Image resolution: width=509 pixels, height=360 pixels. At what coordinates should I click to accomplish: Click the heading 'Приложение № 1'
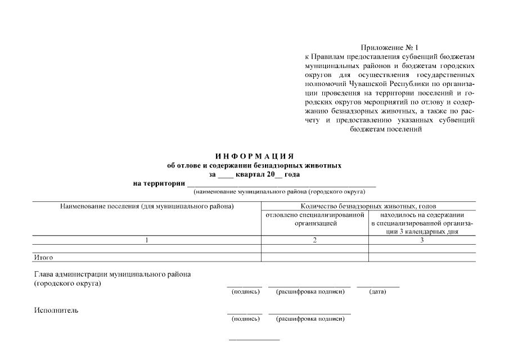click(x=390, y=48)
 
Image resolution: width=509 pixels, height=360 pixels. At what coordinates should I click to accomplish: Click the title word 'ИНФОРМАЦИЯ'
click(x=254, y=156)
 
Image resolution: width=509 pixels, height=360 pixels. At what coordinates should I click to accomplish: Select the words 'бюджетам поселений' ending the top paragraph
click(x=385, y=129)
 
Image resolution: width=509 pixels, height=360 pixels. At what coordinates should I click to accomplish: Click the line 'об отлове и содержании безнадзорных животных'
click(x=254, y=165)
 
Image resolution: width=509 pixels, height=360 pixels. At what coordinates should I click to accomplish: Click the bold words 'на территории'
click(x=159, y=183)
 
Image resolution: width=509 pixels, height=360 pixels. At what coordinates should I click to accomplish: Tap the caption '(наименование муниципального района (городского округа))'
click(x=282, y=192)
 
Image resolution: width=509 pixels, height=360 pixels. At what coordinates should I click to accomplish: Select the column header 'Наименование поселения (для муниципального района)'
click(x=146, y=206)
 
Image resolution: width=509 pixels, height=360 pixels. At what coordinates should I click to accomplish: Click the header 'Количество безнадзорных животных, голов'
click(x=368, y=206)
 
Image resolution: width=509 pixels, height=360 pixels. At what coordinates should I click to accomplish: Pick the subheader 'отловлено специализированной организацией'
click(x=315, y=219)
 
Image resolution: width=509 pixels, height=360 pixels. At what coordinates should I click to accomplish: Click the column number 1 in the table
click(x=146, y=240)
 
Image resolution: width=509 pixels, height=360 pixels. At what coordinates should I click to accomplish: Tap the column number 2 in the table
click(x=315, y=240)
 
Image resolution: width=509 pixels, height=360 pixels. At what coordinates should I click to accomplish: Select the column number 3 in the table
click(x=422, y=240)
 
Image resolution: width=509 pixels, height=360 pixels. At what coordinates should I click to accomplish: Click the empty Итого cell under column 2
click(x=315, y=258)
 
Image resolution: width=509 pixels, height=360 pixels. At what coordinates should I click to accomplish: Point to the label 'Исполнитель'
click(x=56, y=310)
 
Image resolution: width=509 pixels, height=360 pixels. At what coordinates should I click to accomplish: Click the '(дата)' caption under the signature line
click(x=377, y=292)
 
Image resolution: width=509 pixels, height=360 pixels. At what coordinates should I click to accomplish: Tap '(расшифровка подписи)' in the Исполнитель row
click(x=309, y=319)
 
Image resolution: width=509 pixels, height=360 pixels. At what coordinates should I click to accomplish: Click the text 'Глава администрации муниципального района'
click(x=112, y=274)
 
